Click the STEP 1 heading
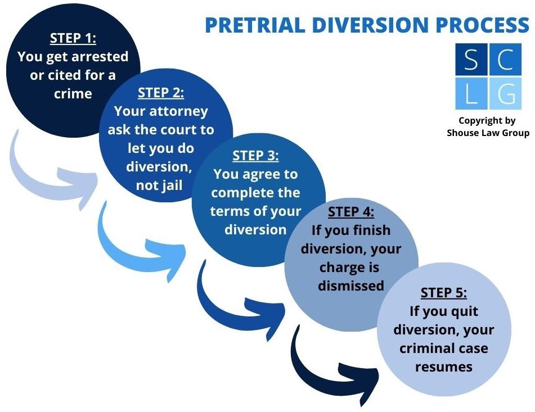[x=73, y=38]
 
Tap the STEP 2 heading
[x=161, y=93]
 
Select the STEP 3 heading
[x=255, y=156]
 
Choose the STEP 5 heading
[x=443, y=293]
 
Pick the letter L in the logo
[x=471, y=94]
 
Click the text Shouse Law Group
[x=488, y=133]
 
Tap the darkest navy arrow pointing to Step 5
[x=332, y=365]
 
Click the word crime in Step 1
[x=73, y=93]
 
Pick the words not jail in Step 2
[x=159, y=185]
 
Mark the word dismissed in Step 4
[x=350, y=285]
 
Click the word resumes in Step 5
[x=443, y=366]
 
